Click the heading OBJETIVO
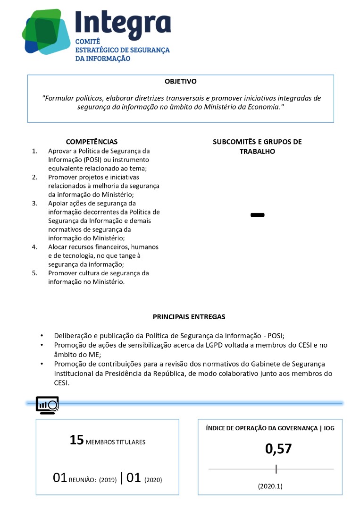click(181, 82)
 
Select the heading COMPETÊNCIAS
click(92, 142)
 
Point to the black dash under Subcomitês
click(258, 215)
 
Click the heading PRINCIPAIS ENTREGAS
click(189, 317)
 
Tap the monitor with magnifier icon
click(47, 405)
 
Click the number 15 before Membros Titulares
click(76, 440)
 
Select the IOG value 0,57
click(278, 449)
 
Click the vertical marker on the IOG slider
click(276, 469)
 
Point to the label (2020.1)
click(270, 486)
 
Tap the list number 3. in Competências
click(34, 204)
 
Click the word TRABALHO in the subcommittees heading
click(257, 152)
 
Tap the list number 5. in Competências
click(34, 273)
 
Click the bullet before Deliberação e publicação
click(42, 336)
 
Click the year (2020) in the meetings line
click(153, 480)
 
